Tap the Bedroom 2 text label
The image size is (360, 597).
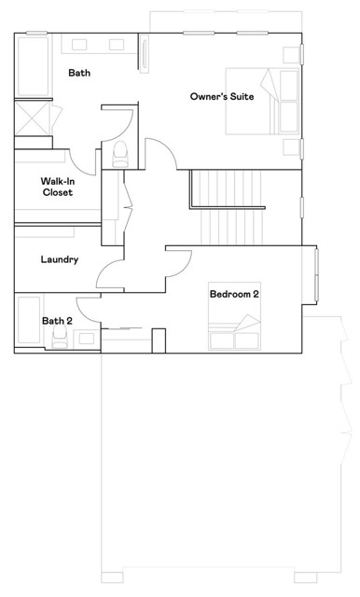tap(234, 295)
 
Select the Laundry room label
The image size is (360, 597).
tap(60, 260)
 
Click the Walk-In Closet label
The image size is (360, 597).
tap(58, 187)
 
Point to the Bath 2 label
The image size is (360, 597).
tap(56, 321)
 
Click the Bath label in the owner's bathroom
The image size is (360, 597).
tap(79, 72)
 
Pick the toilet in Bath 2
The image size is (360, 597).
tap(62, 337)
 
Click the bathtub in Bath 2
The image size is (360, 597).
tap(28, 322)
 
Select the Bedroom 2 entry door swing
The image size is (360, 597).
tap(178, 265)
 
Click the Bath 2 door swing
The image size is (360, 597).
tap(89, 301)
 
